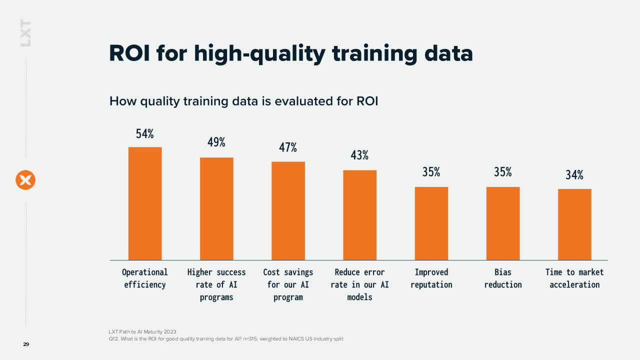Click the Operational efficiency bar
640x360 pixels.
pos(145,203)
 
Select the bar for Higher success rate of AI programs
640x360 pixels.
pos(216,208)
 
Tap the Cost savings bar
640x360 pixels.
pos(288,211)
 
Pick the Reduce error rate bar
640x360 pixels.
pos(359,215)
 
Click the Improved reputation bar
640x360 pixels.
pos(431,223)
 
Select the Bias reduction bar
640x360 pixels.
pos(503,223)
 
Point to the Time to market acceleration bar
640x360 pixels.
pos(574,224)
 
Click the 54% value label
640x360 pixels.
pos(145,133)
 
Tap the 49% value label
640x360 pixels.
pos(216,142)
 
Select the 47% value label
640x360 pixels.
pos(288,147)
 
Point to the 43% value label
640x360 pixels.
pos(359,155)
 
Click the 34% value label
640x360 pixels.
pos(574,174)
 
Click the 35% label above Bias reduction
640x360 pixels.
pos(503,172)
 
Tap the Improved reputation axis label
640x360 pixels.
pos(431,278)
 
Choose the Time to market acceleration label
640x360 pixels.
pos(574,278)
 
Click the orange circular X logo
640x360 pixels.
pos(25,180)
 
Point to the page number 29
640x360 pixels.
pos(26,344)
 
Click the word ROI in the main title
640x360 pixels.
pos(129,53)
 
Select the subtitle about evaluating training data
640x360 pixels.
pos(243,101)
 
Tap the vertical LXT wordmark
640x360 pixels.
pos(25,33)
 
